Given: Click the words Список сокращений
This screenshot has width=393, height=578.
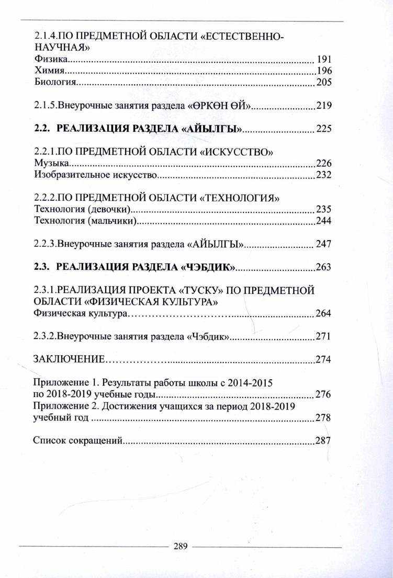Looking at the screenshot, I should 77,441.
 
